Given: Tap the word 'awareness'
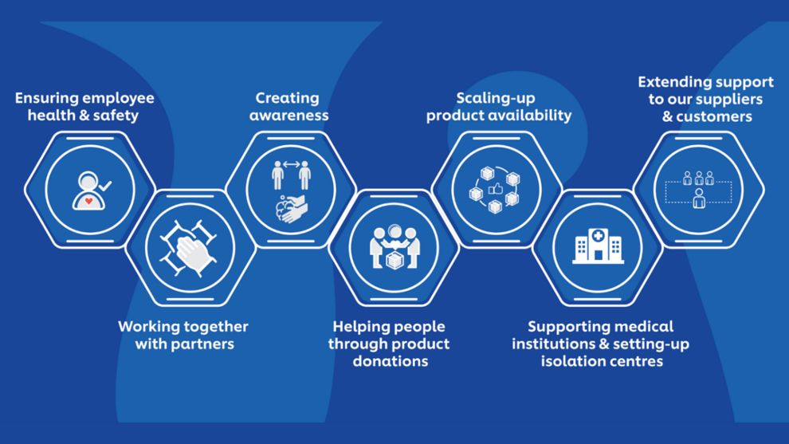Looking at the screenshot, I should [289, 116].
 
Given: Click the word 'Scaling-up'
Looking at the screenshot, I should [489, 99].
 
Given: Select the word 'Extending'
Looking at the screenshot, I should [674, 82].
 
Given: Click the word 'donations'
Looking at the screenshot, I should [390, 361].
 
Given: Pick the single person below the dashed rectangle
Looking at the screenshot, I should [699, 198].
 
